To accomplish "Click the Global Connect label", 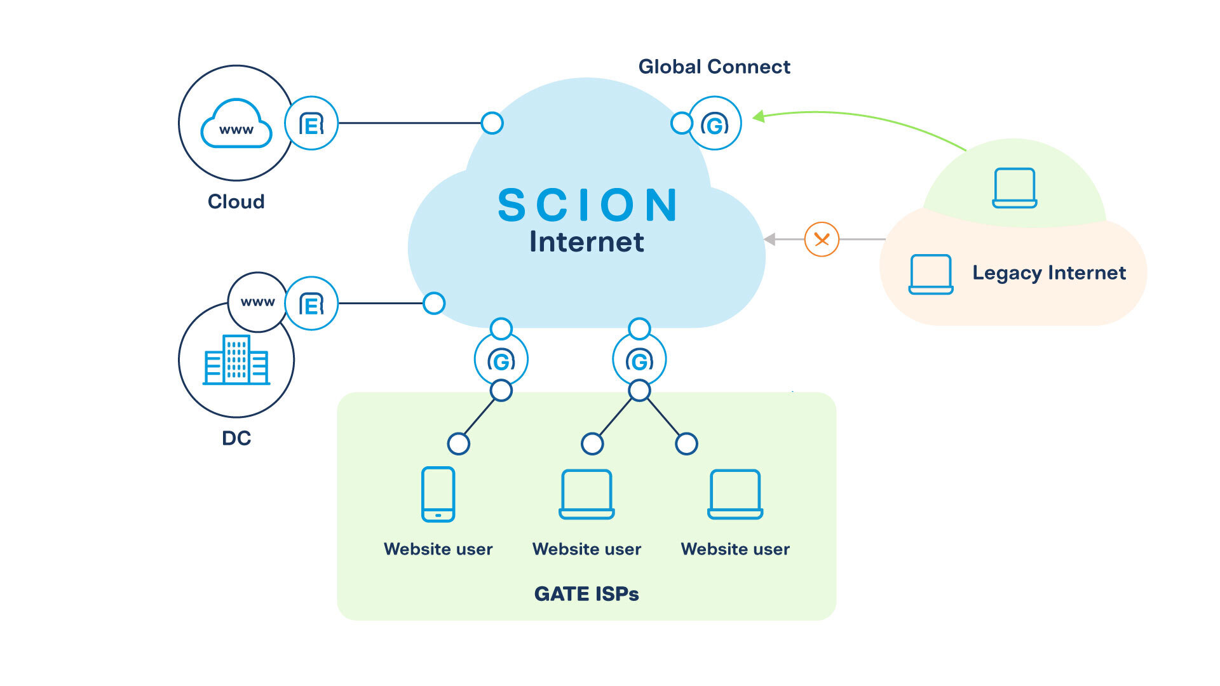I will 714,67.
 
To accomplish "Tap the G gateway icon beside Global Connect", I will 715,123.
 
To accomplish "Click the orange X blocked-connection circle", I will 822,239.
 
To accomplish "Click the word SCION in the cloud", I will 588,205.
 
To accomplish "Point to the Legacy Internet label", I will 1048,272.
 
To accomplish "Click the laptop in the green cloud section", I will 1015,188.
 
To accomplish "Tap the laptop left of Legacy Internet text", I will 930,274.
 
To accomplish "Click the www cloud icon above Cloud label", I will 236,124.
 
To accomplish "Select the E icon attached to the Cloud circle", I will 311,123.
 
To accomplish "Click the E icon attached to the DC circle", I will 311,304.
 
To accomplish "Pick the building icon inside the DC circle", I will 236,360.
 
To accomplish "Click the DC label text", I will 236,438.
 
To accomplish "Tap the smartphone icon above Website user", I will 438,494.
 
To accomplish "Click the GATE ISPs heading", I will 586,594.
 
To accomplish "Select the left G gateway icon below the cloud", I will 501,360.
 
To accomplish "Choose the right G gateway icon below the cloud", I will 639,360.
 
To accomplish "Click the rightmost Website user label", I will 735,549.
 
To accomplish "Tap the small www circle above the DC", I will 257,302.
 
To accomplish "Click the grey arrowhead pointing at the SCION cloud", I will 770,239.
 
